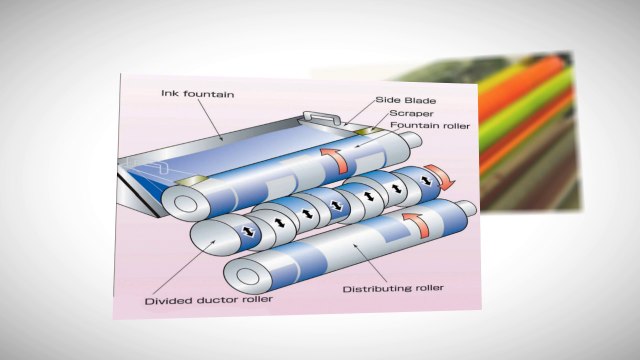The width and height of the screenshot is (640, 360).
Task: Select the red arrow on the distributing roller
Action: pyautogui.click(x=412, y=222)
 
